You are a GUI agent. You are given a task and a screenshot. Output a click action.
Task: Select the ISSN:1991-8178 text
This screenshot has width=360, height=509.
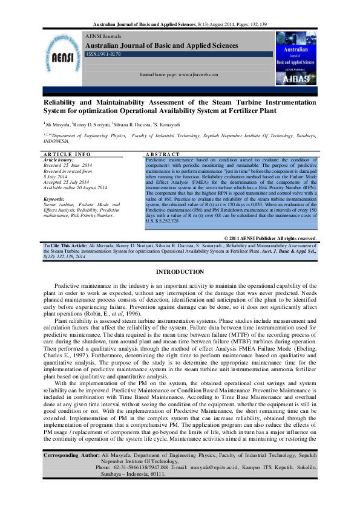click(x=103, y=54)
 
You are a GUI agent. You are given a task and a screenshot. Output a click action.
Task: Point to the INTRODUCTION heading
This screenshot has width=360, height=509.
click(x=180, y=273)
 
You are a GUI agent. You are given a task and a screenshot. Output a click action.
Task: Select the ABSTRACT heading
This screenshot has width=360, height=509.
click(x=163, y=155)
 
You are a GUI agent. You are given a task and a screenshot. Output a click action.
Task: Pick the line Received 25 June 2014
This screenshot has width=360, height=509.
click(x=68, y=165)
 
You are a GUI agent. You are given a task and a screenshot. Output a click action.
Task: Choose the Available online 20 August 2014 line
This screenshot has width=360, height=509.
click(x=75, y=187)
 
